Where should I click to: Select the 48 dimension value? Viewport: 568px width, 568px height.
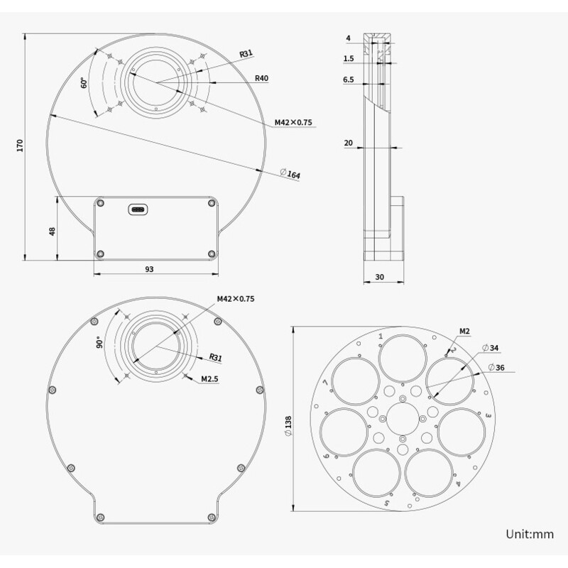click(x=52, y=232)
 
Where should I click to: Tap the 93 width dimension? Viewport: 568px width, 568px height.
click(x=149, y=269)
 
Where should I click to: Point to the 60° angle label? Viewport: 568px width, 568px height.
click(x=84, y=83)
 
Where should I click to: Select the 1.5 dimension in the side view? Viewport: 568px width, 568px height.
click(x=348, y=59)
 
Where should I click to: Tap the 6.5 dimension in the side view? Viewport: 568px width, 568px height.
click(x=348, y=80)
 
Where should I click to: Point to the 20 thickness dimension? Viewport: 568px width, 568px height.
click(x=348, y=143)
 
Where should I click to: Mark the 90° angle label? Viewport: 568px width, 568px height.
click(x=100, y=342)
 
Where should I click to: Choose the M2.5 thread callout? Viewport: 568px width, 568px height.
click(x=209, y=378)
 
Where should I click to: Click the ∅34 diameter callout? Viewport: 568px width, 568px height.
click(x=490, y=348)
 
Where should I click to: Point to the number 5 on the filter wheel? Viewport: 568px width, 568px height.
click(x=386, y=503)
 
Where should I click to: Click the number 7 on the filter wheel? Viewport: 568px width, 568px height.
click(x=325, y=384)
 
